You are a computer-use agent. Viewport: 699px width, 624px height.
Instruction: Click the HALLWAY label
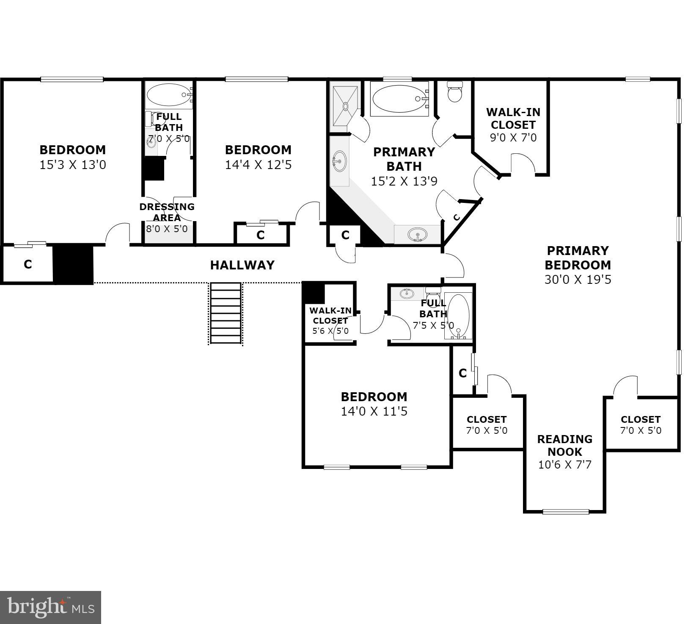click(x=242, y=265)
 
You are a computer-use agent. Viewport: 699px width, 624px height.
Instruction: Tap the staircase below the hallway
click(x=226, y=313)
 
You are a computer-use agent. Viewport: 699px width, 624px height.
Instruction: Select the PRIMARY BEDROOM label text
click(x=578, y=258)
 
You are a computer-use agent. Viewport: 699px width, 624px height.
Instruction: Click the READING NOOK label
click(x=564, y=445)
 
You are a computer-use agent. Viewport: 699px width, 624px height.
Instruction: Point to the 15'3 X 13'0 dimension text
click(x=73, y=165)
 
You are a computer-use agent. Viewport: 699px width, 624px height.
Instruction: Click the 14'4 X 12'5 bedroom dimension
click(x=258, y=165)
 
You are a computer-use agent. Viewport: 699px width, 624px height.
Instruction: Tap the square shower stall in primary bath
click(x=346, y=106)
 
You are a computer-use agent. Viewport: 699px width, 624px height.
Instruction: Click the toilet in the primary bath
click(x=455, y=93)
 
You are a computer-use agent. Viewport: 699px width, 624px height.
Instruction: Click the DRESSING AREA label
click(x=167, y=212)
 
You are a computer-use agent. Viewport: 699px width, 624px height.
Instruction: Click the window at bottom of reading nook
click(x=566, y=512)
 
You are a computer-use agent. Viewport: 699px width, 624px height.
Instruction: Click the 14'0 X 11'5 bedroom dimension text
click(x=374, y=411)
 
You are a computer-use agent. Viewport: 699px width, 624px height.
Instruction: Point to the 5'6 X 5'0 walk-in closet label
click(x=330, y=331)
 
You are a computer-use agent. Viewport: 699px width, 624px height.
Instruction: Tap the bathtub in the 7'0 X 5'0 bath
click(x=168, y=94)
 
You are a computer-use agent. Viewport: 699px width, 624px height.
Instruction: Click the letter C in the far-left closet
click(x=28, y=264)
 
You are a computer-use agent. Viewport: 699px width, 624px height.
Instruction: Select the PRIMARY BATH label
click(x=404, y=159)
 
